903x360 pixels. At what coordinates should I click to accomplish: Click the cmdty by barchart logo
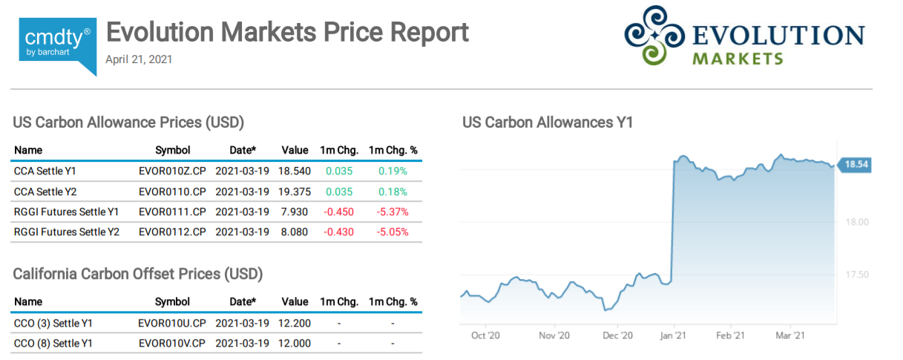pos(58,44)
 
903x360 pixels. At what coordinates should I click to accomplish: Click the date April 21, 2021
pos(139,59)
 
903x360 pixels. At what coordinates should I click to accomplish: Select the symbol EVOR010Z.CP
pos(172,171)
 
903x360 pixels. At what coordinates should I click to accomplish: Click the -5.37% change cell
pos(393,212)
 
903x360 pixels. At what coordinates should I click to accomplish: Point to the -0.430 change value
pos(338,232)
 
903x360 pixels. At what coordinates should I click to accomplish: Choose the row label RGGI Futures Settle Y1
pos(66,212)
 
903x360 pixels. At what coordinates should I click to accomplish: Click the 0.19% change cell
pos(393,171)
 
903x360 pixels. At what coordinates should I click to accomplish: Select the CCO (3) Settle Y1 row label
pos(53,323)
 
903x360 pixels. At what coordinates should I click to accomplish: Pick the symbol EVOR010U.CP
pos(172,323)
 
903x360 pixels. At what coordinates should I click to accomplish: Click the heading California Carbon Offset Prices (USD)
pos(138,274)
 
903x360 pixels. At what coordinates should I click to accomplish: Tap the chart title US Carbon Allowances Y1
pos(548,122)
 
